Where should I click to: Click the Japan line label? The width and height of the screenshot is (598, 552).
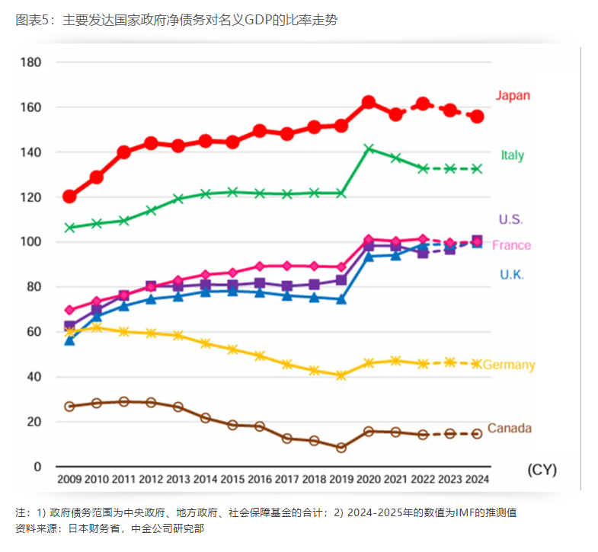click(x=512, y=96)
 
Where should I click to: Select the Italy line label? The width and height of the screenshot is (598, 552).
click(x=512, y=155)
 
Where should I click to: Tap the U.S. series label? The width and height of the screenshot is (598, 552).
click(x=510, y=219)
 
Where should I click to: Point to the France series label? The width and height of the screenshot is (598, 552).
click(x=511, y=245)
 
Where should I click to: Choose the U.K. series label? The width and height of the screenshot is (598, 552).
click(x=511, y=274)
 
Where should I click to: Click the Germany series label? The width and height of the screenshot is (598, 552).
click(x=509, y=365)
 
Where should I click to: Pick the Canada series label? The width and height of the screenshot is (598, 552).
click(x=509, y=428)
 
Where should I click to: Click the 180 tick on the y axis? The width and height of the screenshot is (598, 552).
click(x=30, y=62)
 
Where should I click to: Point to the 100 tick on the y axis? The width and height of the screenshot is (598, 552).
click(x=30, y=242)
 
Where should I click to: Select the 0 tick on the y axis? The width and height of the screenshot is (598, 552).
click(x=37, y=467)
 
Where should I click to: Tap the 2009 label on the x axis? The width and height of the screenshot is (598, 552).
click(x=70, y=479)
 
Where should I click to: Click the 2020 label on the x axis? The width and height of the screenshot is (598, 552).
click(x=369, y=479)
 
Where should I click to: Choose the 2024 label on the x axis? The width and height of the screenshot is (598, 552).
click(x=477, y=479)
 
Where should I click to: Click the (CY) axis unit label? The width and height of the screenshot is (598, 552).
click(x=542, y=470)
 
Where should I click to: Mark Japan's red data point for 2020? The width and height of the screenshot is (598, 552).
click(x=369, y=102)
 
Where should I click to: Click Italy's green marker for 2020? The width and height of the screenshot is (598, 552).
click(x=369, y=148)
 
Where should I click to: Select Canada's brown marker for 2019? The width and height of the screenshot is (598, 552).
click(x=341, y=448)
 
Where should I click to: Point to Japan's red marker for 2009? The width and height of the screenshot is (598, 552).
click(x=69, y=196)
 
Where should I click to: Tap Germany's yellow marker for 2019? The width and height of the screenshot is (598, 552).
click(x=341, y=375)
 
